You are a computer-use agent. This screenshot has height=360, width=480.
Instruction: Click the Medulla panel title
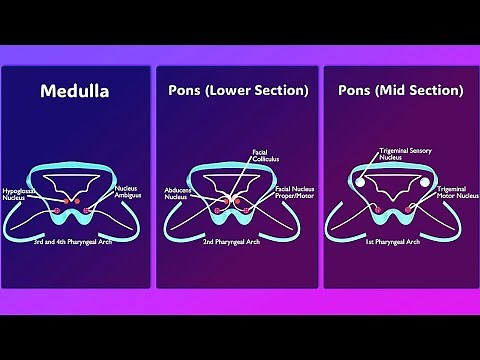(x=74, y=91)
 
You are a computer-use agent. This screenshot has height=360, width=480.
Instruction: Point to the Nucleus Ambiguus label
(x=127, y=191)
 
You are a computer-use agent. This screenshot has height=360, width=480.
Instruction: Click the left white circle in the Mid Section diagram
(x=358, y=182)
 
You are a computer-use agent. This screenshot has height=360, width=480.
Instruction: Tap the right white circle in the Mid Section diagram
(x=431, y=182)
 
